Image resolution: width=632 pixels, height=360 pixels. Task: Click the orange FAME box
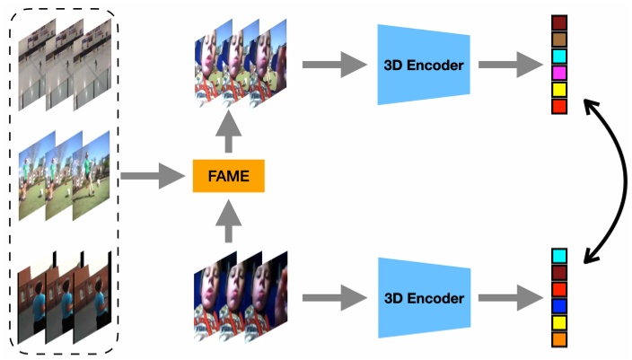click(x=228, y=176)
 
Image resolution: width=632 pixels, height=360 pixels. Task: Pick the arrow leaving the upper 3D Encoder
click(x=506, y=65)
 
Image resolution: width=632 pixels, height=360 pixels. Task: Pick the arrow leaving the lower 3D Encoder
click(x=506, y=297)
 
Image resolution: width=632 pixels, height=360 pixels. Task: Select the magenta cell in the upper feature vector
click(x=559, y=73)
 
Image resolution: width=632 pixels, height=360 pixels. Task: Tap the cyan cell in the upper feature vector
click(x=559, y=56)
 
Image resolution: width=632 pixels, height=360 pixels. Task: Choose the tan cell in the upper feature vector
click(x=559, y=40)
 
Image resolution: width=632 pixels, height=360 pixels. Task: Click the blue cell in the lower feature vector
click(x=559, y=306)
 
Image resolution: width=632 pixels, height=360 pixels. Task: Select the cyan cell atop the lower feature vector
click(x=559, y=257)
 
